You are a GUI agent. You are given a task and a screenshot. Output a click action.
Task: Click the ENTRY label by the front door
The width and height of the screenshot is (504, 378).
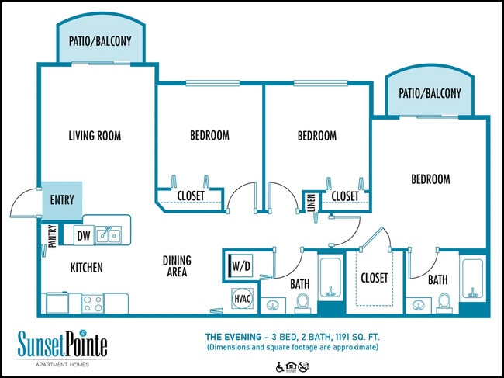click(x=61, y=200)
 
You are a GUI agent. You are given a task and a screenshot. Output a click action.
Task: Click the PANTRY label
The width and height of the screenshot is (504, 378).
click(x=51, y=234)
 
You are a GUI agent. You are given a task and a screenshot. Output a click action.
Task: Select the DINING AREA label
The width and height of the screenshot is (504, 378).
click(x=177, y=266)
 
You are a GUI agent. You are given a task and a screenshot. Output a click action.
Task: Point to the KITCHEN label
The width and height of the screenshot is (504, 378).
click(x=86, y=268)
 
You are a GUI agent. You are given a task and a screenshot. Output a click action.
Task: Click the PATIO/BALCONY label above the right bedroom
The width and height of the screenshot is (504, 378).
click(x=430, y=93)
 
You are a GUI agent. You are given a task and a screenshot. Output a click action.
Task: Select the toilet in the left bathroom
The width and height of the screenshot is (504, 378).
click(x=303, y=300)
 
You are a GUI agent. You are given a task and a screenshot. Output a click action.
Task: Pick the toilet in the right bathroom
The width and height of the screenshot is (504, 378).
click(x=444, y=300)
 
